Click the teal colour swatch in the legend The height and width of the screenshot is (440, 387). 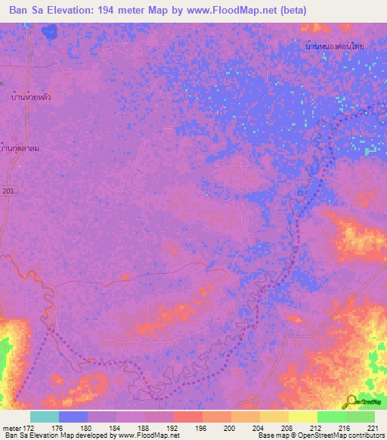[44, 417]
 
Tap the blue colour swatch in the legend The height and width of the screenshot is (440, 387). [73, 417]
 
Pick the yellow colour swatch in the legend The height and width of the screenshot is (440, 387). [302, 417]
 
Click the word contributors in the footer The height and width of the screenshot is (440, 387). [366, 435]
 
